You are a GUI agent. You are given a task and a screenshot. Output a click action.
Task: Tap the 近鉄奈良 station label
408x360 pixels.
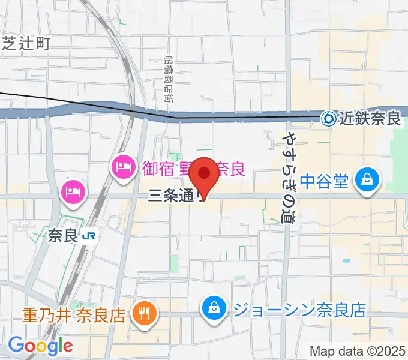click(370, 119)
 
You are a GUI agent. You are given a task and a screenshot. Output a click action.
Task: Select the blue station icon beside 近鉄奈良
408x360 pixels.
click(329, 119)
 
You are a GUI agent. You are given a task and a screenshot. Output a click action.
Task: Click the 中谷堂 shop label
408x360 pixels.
click(324, 181)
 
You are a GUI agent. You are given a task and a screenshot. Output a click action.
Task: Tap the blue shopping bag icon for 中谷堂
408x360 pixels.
click(365, 181)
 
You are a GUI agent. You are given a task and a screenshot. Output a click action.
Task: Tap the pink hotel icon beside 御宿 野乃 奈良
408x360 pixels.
click(124, 166)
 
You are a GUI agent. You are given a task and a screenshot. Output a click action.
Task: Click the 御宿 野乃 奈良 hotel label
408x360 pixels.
click(193, 167)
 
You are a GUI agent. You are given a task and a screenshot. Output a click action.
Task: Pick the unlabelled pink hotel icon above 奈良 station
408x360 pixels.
click(73, 192)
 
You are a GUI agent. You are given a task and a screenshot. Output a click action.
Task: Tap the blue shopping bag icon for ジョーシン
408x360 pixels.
click(214, 310)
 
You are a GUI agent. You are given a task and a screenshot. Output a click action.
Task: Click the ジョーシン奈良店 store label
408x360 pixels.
click(298, 310)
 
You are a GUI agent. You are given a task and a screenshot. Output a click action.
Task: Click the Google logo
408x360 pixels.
click(40, 346)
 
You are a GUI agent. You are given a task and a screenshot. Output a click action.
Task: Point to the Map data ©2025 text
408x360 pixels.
click(358, 350)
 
